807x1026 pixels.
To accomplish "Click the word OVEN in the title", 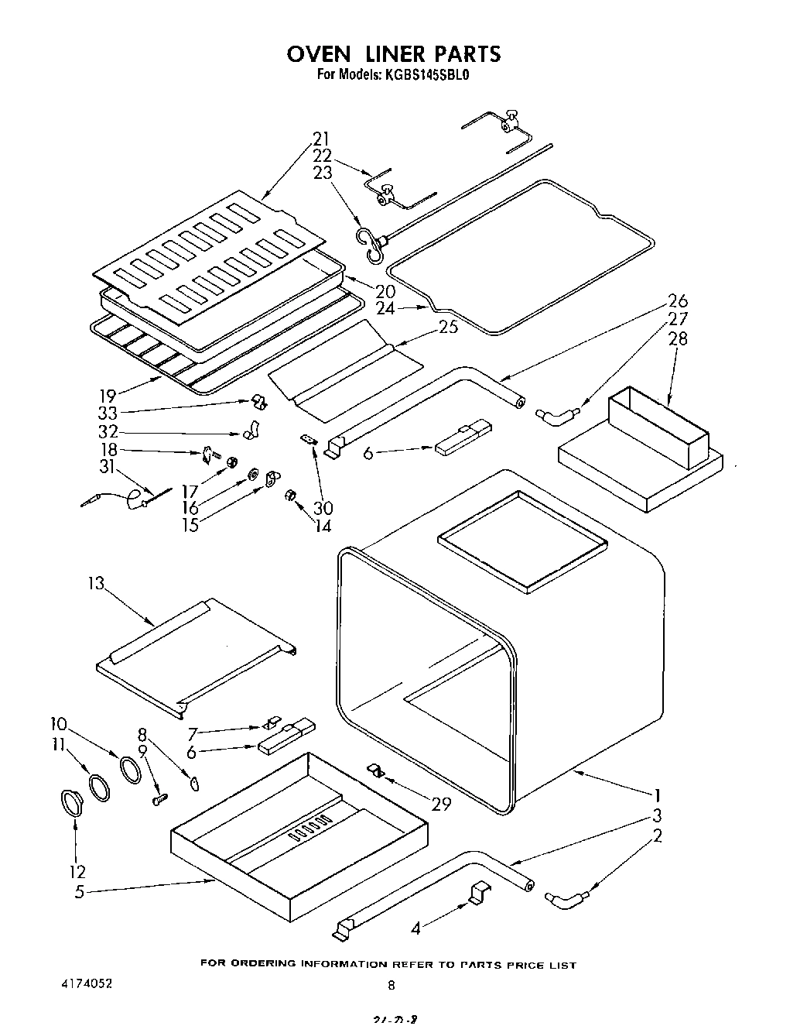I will pyautogui.click(x=319, y=53).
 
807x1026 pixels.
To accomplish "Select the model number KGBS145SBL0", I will pyautogui.click(x=425, y=75).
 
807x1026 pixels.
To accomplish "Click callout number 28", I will pyautogui.click(x=677, y=338).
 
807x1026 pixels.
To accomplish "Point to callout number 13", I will pyautogui.click(x=95, y=584).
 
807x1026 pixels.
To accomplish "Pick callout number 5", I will pyautogui.click(x=79, y=891).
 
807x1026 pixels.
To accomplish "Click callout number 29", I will pyautogui.click(x=440, y=804).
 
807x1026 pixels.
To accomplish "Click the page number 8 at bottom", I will pyautogui.click(x=392, y=985).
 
